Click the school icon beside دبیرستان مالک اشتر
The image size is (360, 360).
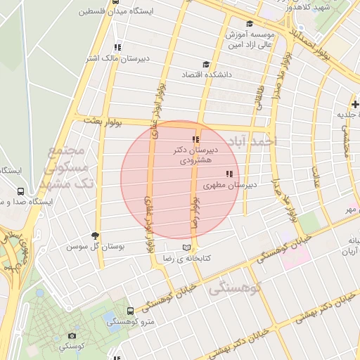click(x=117, y=47)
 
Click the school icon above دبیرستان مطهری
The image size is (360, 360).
click(x=229, y=174)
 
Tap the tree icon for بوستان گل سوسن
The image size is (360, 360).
click(x=95, y=236)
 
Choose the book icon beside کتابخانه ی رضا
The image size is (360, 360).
click(x=186, y=247)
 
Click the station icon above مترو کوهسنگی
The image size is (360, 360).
click(x=130, y=310)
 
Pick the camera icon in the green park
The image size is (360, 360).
click(x=72, y=336)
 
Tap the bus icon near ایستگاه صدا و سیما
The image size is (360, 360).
click(x=20, y=191)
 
